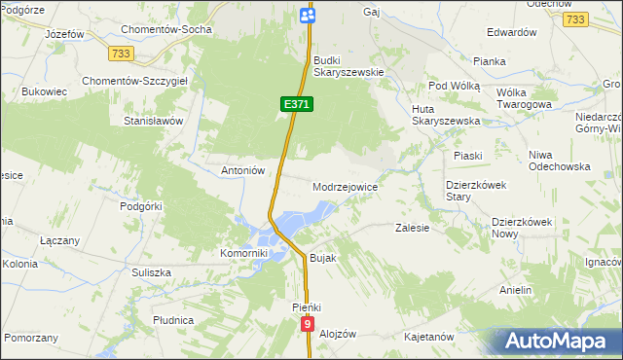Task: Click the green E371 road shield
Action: tap(297, 102)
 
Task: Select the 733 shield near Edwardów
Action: tap(575, 18)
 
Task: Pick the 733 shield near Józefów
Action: tap(121, 53)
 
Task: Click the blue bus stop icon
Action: tap(308, 15)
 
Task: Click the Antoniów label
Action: tap(243, 170)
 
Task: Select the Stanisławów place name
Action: tap(153, 122)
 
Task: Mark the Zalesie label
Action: tap(413, 228)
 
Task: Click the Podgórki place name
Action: tap(140, 206)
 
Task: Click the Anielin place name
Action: tap(515, 291)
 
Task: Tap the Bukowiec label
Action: tap(43, 92)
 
